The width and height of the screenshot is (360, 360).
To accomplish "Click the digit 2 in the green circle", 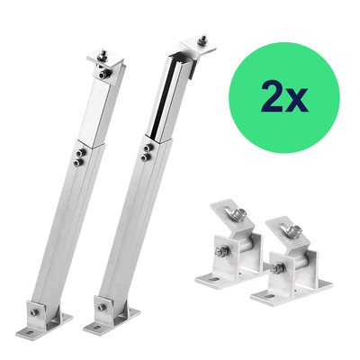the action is point(272,95).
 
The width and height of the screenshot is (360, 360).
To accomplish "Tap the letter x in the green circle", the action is point(297,100).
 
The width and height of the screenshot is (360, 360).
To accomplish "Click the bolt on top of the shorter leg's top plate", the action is point(103,56).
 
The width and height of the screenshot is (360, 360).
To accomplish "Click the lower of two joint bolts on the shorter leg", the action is point(79,162).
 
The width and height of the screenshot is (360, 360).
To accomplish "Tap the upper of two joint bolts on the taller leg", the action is point(148,148).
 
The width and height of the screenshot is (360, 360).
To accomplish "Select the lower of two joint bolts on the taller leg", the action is point(146,157).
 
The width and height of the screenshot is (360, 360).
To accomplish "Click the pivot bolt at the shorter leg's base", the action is point(32,312).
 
